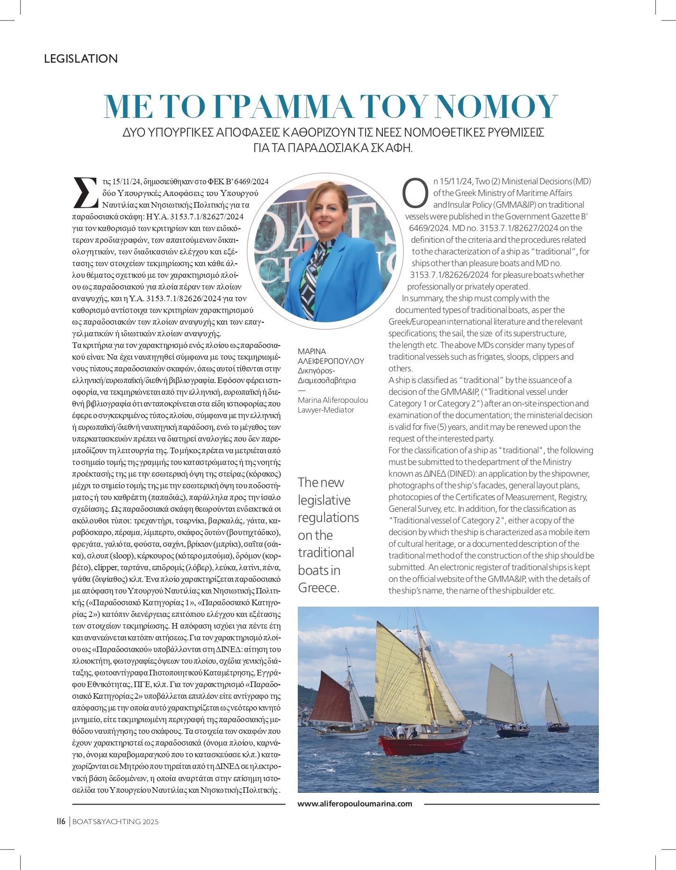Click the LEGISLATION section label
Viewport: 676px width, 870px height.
click(80, 59)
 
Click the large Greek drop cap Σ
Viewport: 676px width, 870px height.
click(86, 192)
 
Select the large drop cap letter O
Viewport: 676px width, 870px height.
click(415, 193)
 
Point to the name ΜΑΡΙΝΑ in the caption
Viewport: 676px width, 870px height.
click(312, 351)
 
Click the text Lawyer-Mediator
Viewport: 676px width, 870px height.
click(326, 410)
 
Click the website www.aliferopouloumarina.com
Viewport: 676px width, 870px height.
click(355, 804)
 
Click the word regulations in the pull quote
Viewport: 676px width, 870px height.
click(328, 518)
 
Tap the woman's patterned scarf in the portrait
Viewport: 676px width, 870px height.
click(314, 271)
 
